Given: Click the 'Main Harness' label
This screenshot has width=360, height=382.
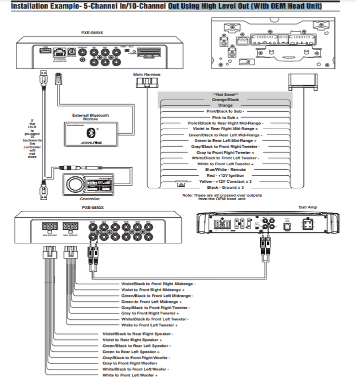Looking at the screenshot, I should [146, 75].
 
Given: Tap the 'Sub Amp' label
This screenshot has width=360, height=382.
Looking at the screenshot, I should [308, 207].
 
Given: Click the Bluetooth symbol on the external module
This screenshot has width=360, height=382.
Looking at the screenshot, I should [91, 133].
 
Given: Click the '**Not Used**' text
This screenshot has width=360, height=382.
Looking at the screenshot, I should [225, 94].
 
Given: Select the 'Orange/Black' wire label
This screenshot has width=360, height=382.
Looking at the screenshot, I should [225, 100].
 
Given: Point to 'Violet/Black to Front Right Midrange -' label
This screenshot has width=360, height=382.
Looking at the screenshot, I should [158, 284].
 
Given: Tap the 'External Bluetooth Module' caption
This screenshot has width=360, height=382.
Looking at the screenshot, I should [90, 117].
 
